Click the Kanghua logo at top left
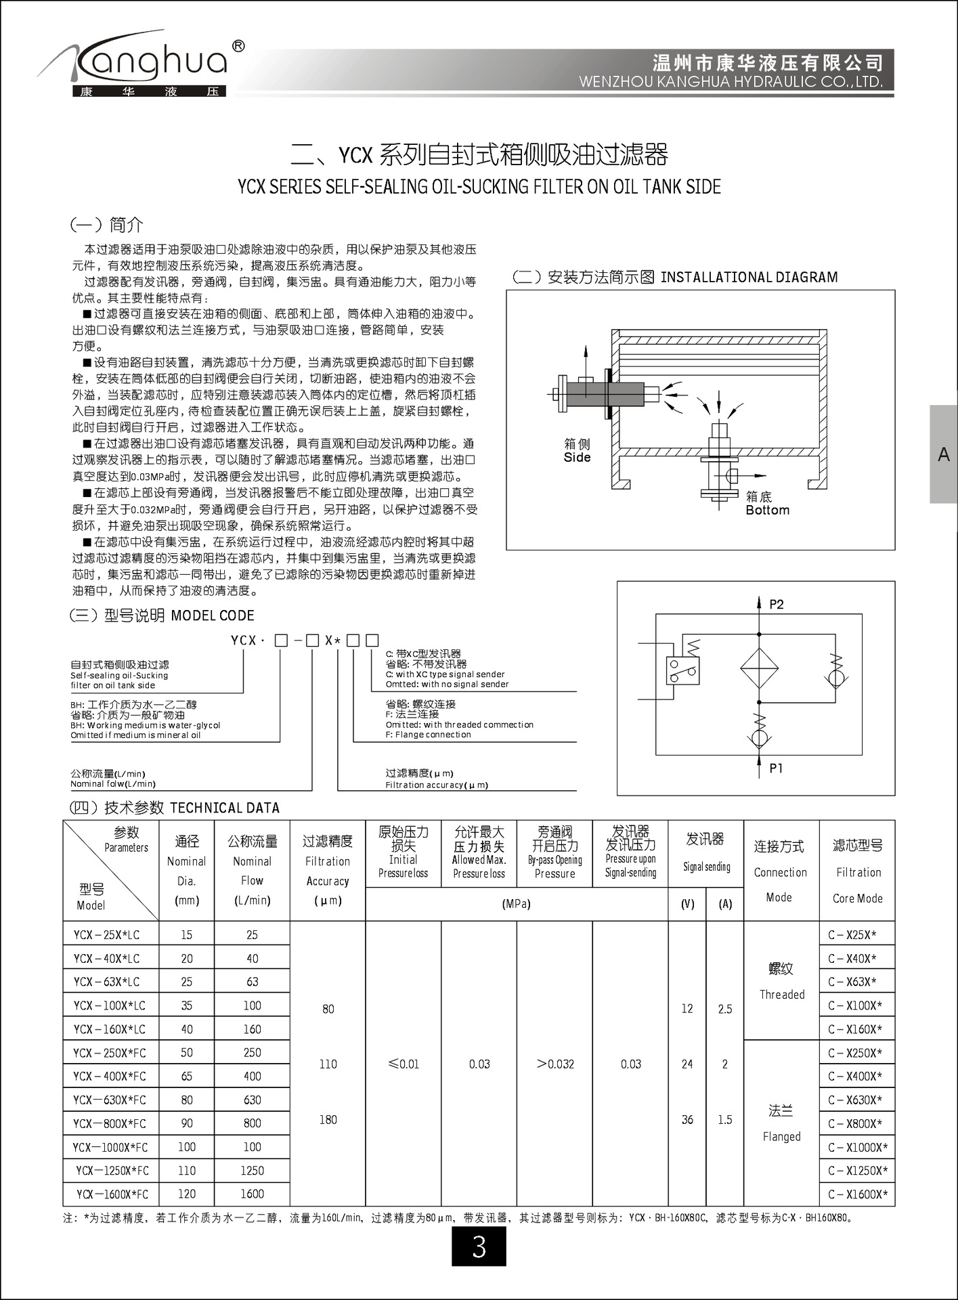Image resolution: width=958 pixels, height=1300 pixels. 142,64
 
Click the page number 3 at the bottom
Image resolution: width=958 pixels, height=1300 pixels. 479,1246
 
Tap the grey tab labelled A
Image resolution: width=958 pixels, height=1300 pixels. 943,454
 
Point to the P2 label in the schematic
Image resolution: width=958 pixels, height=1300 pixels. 776,604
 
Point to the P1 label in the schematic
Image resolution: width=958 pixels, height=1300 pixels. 776,768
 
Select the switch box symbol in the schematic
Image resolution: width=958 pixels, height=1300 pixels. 682,670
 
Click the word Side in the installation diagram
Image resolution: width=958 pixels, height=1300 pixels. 577,458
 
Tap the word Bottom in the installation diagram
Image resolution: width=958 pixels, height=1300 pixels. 767,510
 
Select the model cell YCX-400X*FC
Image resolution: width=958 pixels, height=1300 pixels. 110,1076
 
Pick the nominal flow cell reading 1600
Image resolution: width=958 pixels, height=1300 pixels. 252,1194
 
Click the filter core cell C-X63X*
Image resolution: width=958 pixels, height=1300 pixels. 852,982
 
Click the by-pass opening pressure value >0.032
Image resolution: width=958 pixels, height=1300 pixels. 555,1064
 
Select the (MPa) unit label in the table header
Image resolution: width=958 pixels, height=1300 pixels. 516,904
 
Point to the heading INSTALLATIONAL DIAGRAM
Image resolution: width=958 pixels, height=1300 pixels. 749,277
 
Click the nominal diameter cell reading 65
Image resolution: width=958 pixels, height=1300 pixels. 186,1076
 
